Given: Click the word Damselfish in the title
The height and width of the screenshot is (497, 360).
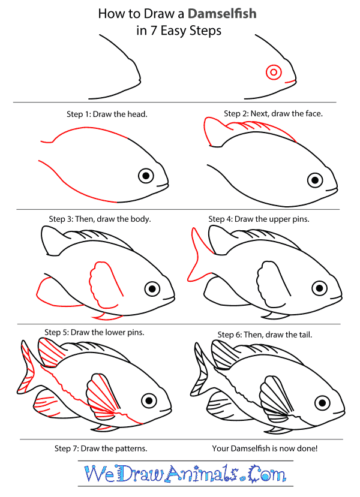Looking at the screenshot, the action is pos(222,14).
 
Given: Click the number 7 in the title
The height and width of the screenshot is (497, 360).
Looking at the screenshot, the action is pos(154,31).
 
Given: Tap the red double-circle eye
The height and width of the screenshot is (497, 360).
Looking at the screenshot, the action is pos(274,73).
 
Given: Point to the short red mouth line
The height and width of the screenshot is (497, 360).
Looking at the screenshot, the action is pos(290,82).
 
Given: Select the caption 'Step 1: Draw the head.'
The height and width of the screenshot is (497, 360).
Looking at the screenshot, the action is pos(107,114).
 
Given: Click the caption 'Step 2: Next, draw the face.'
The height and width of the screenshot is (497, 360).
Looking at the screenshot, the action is pos(273,113).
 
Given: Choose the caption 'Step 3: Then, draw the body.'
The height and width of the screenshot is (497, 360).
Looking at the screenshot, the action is pos(100,219).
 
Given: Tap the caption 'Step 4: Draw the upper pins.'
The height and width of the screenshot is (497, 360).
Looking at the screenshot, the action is pos(259,219).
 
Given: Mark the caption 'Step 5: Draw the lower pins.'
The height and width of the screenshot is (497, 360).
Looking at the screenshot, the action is pos(94,332).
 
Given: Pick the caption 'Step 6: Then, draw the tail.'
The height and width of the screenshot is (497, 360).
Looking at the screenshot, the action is pos(265,335).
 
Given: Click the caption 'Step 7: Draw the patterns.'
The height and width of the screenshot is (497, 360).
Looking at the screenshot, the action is pos(101,448).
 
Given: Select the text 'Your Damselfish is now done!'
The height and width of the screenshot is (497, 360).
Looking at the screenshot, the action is pos(265,448).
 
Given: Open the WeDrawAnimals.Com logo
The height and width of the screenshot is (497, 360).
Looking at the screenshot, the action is pos(185,474).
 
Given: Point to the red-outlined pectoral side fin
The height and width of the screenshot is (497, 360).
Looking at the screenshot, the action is pos(104,284).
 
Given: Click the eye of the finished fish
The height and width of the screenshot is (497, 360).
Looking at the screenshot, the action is pos(322,403).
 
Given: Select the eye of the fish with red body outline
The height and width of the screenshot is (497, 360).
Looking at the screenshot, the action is pos(146,176).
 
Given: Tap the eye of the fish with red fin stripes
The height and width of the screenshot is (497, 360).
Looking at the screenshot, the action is pos(149,400).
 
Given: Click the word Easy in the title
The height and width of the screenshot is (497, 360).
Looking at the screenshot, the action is pos(174,31).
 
